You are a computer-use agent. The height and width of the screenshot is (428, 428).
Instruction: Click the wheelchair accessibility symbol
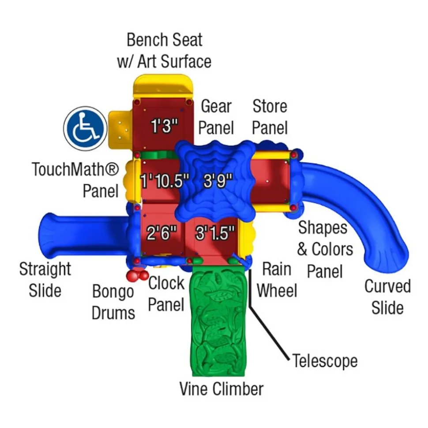point(86,128)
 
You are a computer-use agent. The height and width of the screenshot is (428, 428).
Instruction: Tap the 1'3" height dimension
point(165,126)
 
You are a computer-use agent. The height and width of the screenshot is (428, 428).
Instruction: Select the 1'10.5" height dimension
point(165,181)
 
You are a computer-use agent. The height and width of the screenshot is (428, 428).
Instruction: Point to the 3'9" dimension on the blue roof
point(218,180)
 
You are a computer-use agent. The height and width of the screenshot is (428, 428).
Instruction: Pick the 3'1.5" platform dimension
point(215,233)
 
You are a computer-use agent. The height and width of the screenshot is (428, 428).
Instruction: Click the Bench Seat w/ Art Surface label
point(164,51)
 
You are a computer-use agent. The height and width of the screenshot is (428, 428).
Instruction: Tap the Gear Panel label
point(216,117)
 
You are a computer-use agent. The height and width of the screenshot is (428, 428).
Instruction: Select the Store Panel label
point(270,117)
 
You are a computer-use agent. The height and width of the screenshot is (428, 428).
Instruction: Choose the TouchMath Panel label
point(75,180)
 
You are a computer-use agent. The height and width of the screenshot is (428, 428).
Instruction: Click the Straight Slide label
point(45,279)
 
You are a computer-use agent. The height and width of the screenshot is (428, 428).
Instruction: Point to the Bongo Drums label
point(113,302)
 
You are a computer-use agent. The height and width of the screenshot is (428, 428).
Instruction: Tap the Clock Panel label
point(166,294)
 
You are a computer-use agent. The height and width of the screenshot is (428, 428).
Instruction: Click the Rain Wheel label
point(277,280)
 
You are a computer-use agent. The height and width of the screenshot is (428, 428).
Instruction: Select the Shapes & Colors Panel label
point(325,249)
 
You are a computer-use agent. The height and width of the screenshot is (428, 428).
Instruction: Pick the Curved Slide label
point(387,297)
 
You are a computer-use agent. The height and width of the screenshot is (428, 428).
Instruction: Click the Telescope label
point(325,361)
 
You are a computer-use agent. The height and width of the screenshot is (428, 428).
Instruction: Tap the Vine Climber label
point(222,389)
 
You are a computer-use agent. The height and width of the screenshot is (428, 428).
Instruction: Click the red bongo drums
point(137,275)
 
